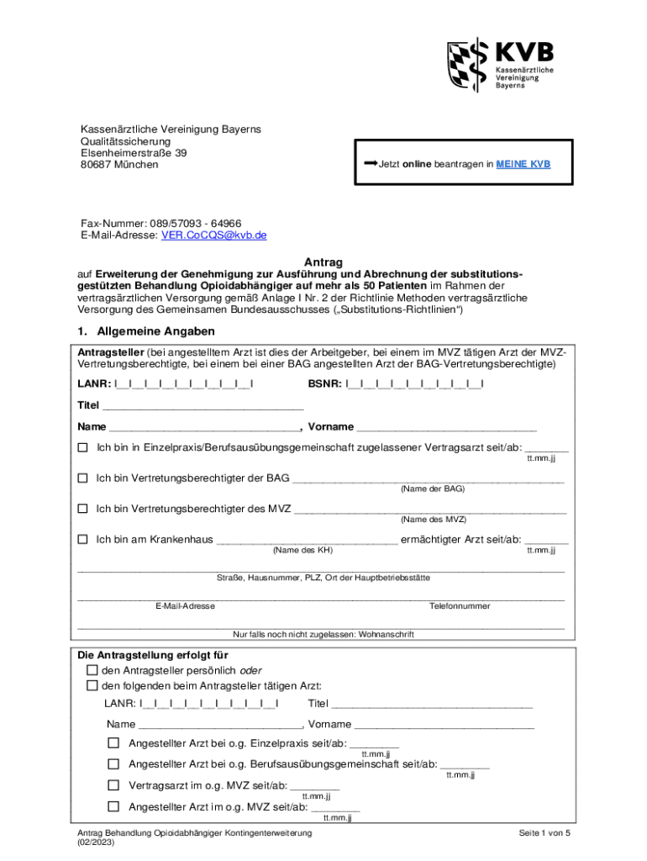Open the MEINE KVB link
[x=523, y=165]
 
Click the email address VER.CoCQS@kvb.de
[x=213, y=235]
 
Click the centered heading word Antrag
[x=323, y=262]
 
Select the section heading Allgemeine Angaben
[x=155, y=331]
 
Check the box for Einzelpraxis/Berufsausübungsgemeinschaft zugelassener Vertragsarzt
[x=82, y=447]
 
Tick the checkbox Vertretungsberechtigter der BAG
[x=82, y=478]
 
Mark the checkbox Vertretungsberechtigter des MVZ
[x=82, y=509]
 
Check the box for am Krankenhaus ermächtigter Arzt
[x=82, y=539]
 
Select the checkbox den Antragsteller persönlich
[x=92, y=670]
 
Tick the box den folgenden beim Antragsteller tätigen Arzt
[x=92, y=685]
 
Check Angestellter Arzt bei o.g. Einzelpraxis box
[x=113, y=743]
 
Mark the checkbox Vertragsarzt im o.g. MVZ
[x=113, y=785]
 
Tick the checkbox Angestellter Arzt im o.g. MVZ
[x=113, y=807]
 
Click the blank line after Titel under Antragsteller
[x=203, y=404]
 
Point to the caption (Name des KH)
[x=303, y=550]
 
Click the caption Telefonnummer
[x=460, y=605]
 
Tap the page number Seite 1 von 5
[x=544, y=832]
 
